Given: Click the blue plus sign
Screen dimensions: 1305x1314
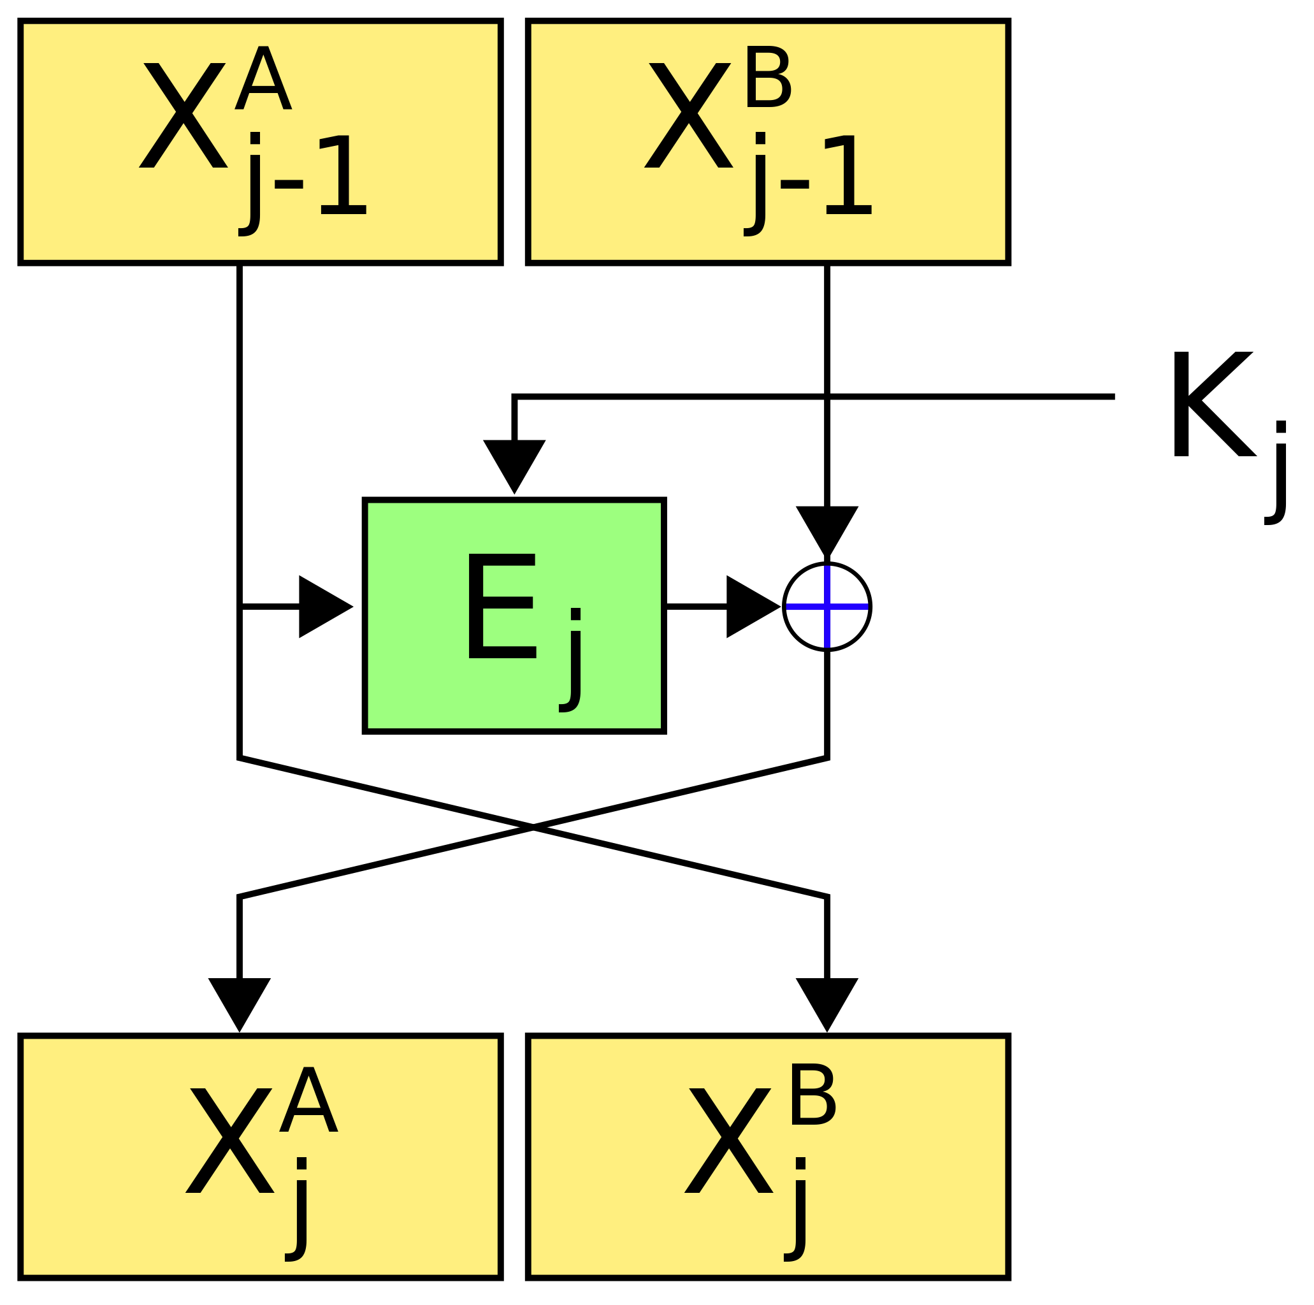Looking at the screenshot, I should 827,607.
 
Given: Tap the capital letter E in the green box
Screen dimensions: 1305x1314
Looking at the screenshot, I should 502,607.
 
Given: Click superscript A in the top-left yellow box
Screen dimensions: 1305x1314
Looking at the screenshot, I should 263,79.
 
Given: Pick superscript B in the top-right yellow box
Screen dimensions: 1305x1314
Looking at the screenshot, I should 768,78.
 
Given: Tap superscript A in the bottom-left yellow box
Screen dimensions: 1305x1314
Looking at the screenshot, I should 308,1100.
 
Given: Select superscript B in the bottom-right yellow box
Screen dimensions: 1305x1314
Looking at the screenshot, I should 812,1096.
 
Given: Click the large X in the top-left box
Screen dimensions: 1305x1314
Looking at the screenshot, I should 183,115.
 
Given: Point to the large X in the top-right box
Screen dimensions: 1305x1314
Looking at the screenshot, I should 688,115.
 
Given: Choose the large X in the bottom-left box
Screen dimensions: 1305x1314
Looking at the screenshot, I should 229,1141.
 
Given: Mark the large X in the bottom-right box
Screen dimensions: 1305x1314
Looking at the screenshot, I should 728,1141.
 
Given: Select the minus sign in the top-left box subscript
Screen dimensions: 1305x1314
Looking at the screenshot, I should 289,184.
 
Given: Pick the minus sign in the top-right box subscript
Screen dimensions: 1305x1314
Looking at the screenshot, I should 794,184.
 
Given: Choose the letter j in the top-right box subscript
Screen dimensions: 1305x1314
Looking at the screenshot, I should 756,184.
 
